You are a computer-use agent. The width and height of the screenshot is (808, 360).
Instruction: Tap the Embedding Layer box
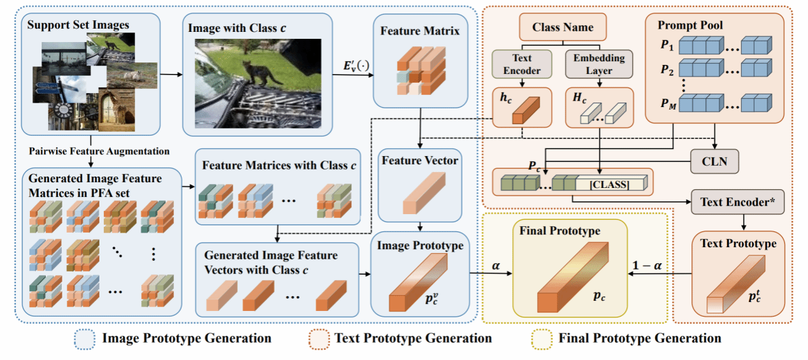coord(599,65)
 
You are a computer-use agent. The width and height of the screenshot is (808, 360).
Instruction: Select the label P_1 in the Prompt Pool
coord(667,46)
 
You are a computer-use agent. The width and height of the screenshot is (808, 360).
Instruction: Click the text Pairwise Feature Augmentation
coord(99,151)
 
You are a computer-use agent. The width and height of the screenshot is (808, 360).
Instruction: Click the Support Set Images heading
coord(78,25)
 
